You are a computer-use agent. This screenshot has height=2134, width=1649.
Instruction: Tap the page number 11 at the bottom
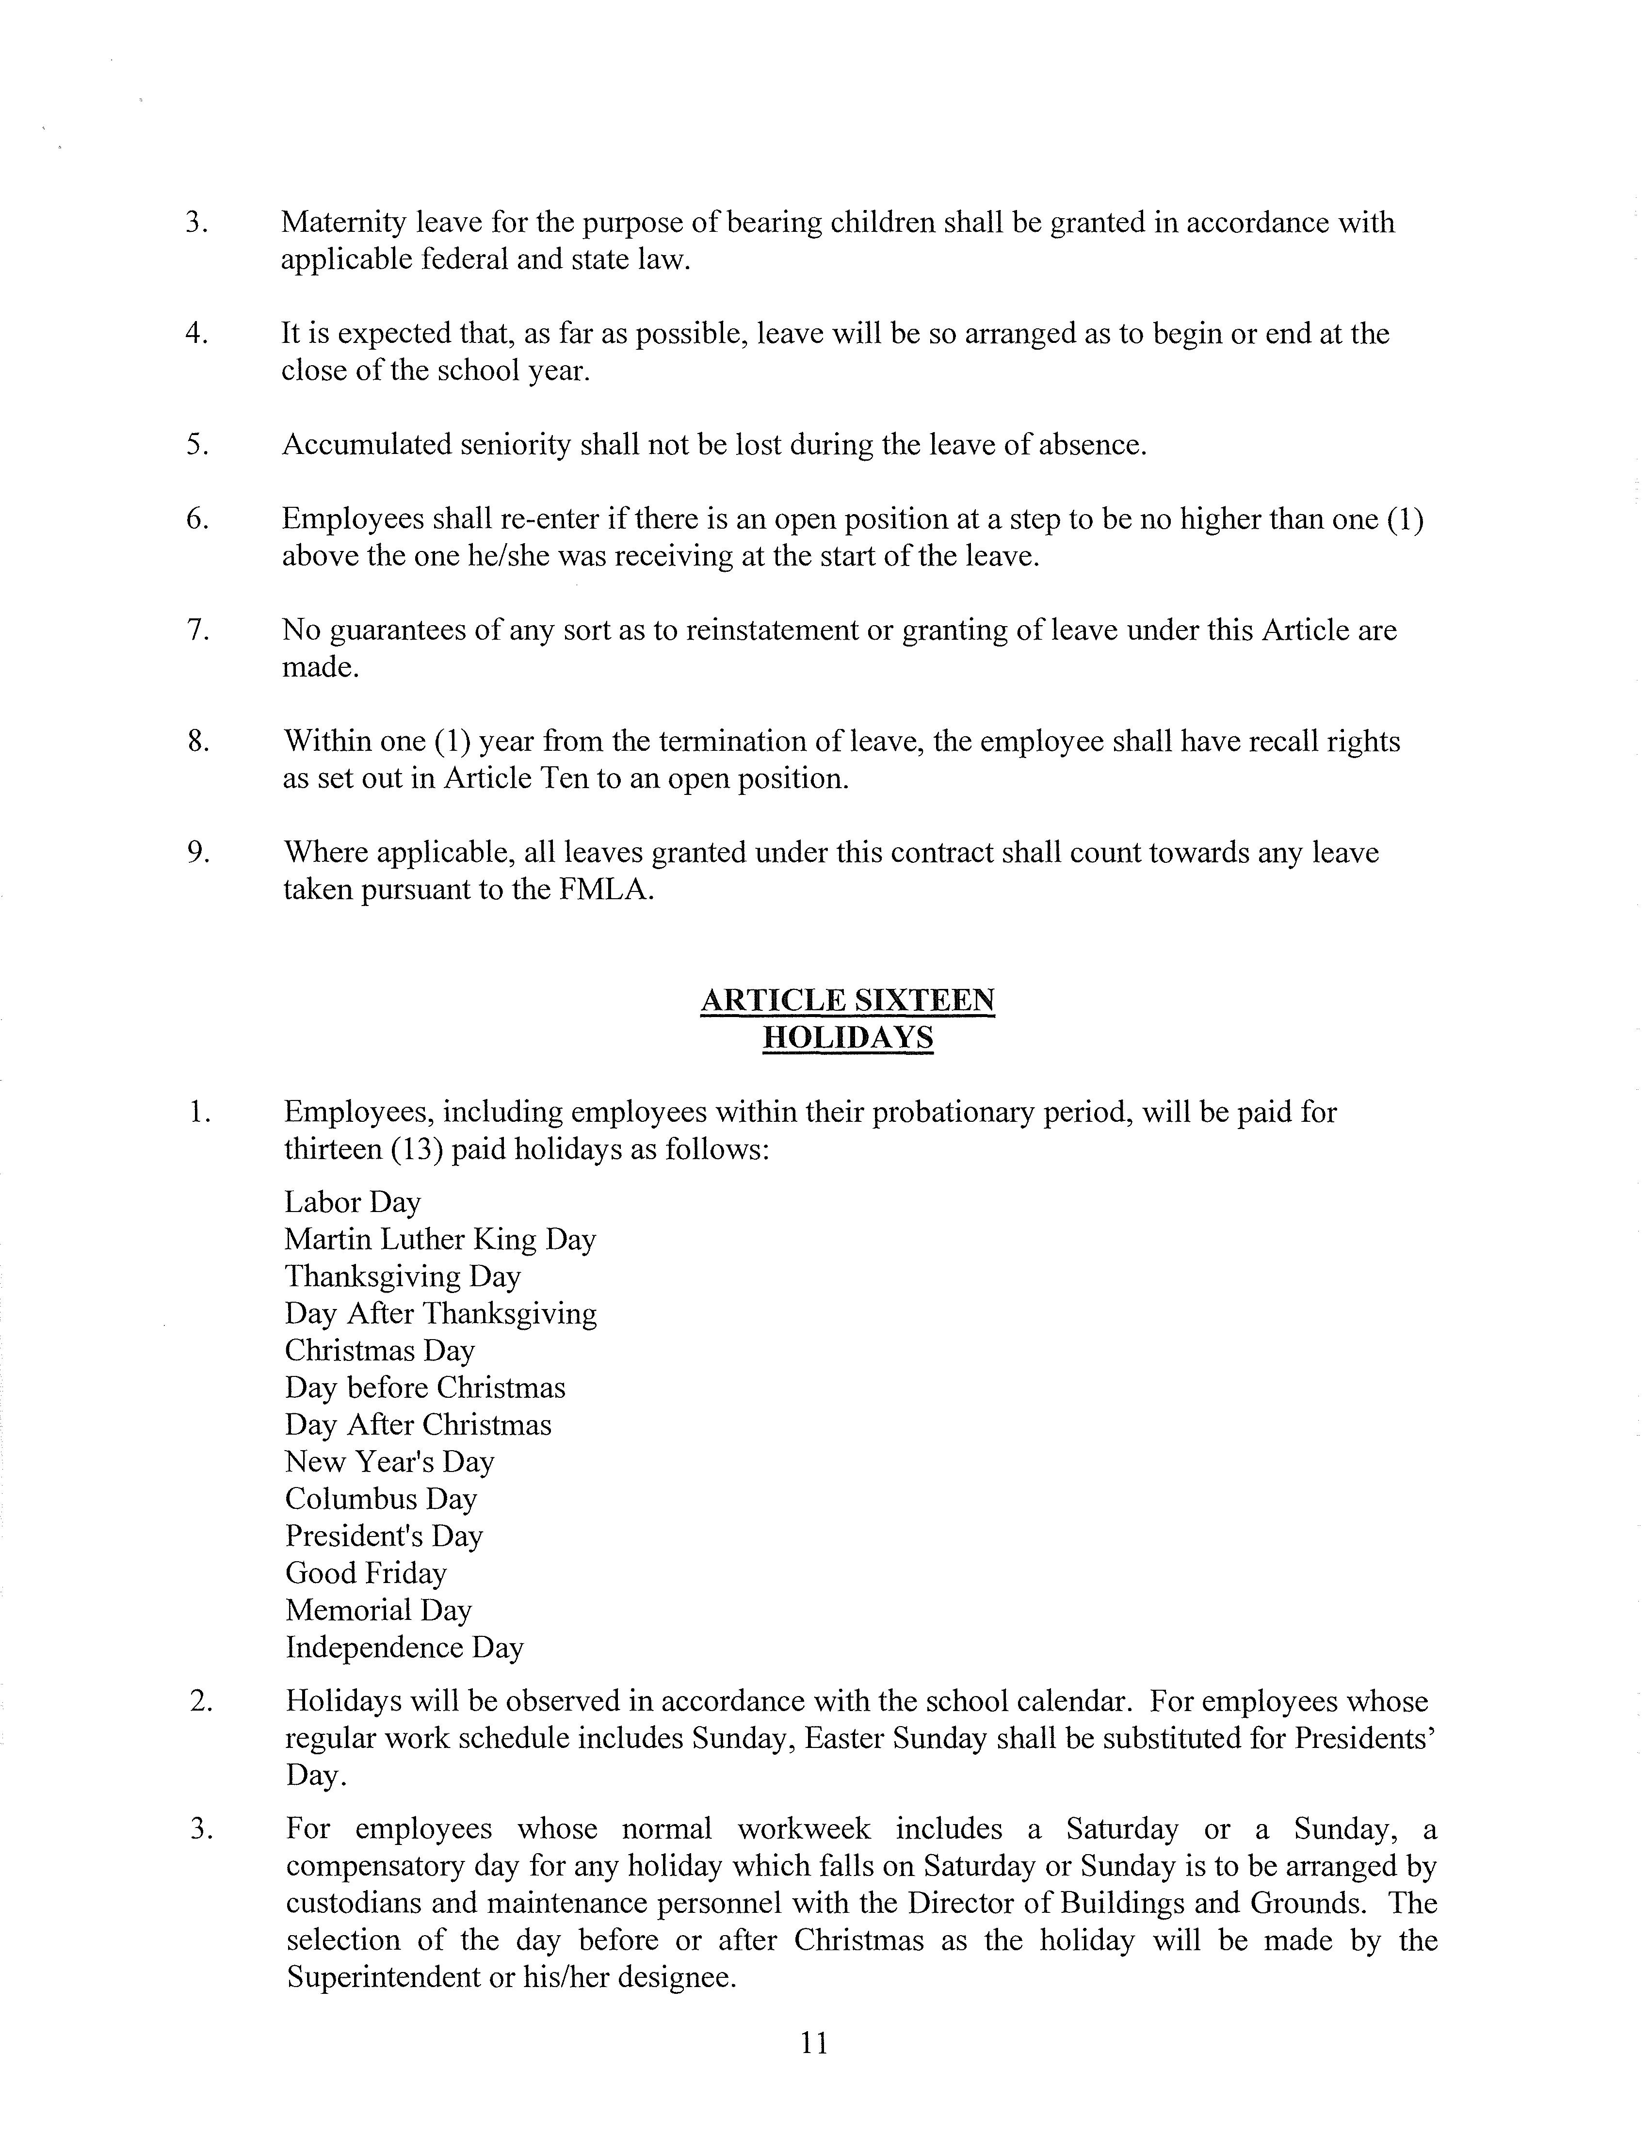[814, 2042]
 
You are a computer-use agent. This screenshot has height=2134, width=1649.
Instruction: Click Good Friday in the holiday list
[365, 1573]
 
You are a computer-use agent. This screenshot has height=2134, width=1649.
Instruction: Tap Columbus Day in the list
[380, 1499]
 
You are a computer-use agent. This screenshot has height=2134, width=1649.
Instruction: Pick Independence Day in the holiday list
[404, 1648]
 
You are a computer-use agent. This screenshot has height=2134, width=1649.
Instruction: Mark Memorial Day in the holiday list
[378, 1610]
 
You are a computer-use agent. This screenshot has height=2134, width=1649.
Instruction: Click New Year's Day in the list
[389, 1462]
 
